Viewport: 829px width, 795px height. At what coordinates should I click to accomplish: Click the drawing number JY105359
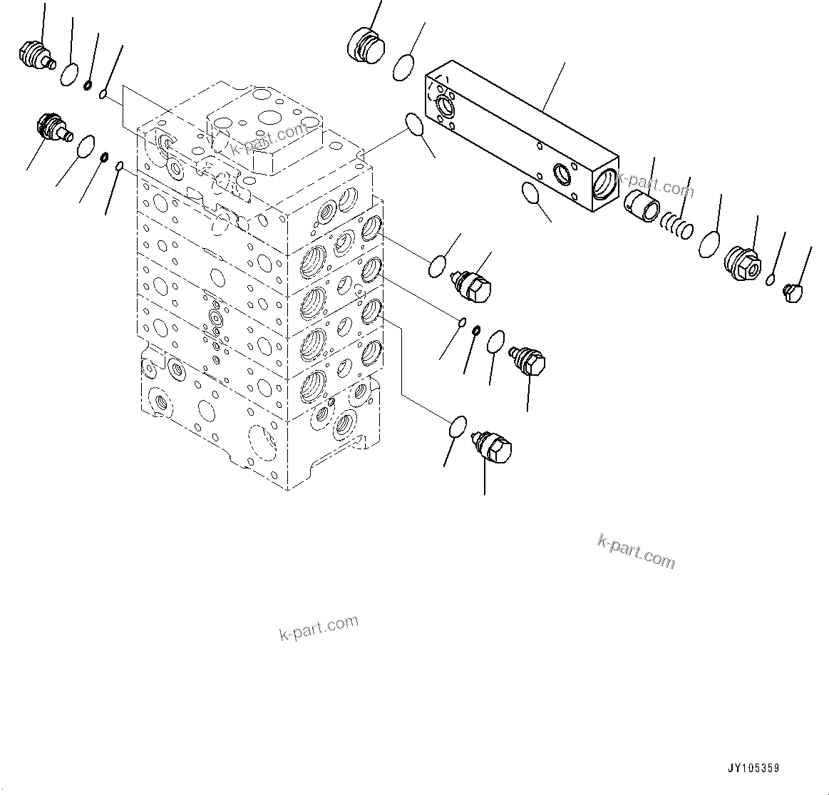(x=753, y=769)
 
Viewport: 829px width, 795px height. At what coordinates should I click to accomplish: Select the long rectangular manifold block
(x=520, y=135)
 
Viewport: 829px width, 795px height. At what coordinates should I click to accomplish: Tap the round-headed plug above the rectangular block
(x=366, y=45)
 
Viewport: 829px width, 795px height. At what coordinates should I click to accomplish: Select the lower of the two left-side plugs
(x=54, y=128)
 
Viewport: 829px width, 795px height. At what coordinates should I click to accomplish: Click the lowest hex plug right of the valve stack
(x=495, y=446)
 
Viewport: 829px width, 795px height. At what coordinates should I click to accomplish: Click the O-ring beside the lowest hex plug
(x=458, y=427)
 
